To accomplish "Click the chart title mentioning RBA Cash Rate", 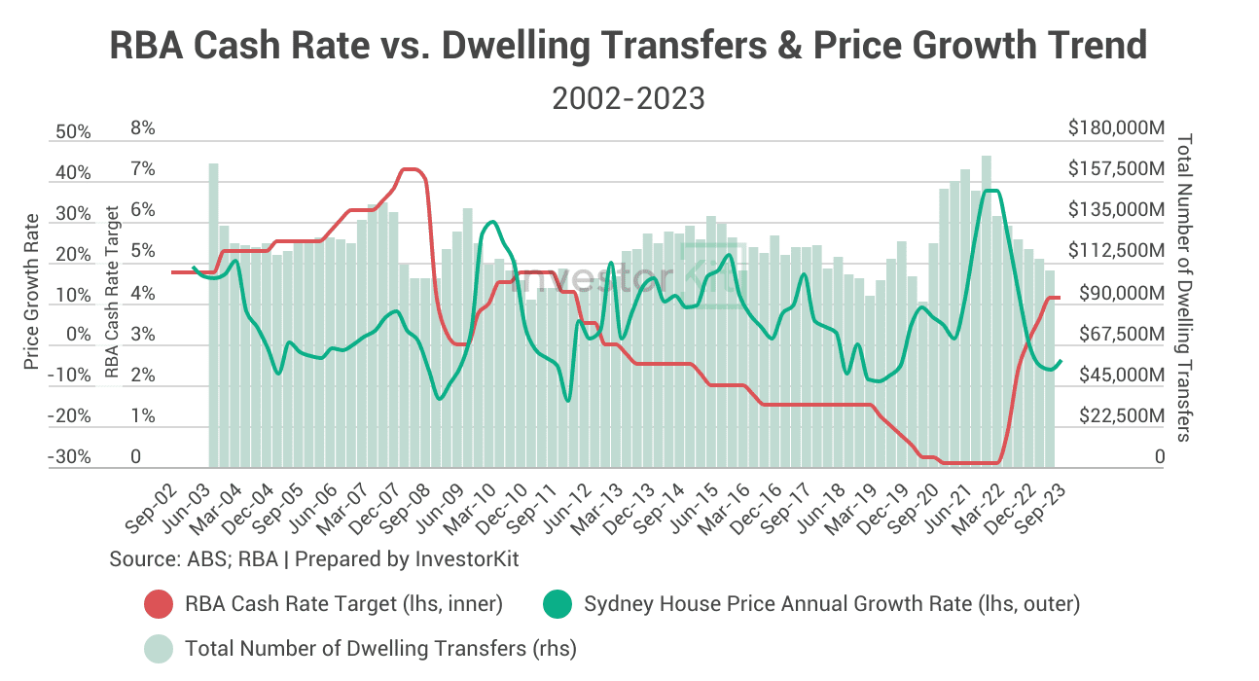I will click(x=629, y=47).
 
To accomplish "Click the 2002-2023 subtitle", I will click(x=628, y=98).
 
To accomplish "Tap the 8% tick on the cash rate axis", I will click(x=142, y=128).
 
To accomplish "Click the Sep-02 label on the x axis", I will click(x=151, y=510).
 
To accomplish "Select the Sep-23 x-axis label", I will click(x=1034, y=510).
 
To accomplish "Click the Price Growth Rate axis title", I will click(x=32, y=292).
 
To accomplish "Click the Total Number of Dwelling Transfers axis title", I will click(x=1184, y=288).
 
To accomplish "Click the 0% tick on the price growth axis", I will click(x=78, y=335).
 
